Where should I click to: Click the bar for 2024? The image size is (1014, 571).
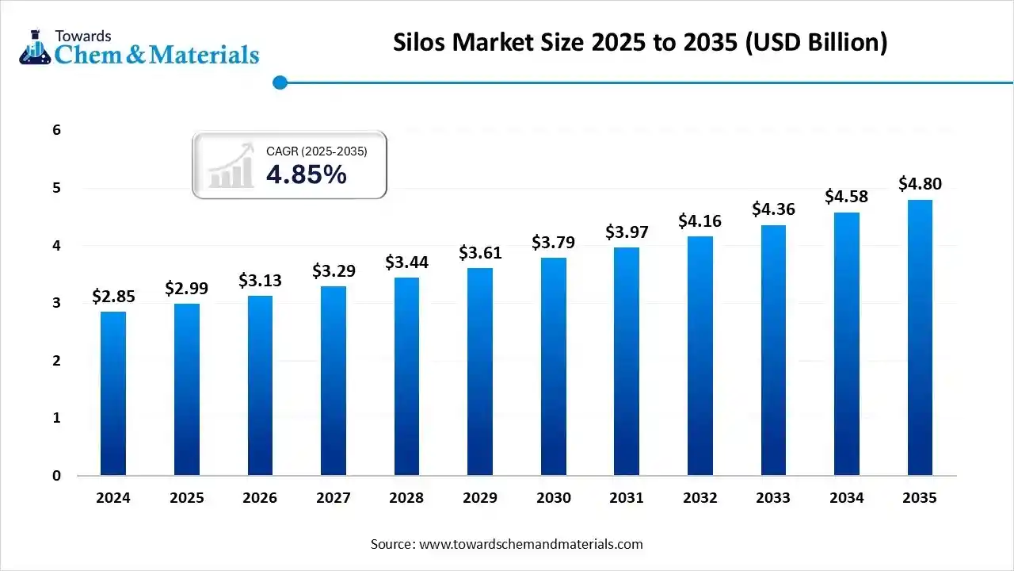[x=113, y=394]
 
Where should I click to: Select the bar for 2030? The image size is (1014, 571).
[x=554, y=367]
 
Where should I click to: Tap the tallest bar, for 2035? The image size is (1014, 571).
[x=920, y=338]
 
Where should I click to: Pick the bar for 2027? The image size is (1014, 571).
[x=334, y=381]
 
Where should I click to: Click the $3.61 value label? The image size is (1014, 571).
[x=480, y=253]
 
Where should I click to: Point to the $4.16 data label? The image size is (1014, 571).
[x=700, y=221]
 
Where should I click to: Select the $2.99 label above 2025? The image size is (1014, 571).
[x=187, y=289]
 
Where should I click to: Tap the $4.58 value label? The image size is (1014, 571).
[x=846, y=196]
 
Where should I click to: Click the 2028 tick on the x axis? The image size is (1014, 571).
[x=406, y=498]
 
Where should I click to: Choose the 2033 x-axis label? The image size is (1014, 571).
[x=773, y=498]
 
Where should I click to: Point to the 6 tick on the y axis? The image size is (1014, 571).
[x=57, y=130]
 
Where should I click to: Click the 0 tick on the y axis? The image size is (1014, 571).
[x=57, y=476]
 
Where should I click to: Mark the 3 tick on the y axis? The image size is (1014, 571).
[x=57, y=303]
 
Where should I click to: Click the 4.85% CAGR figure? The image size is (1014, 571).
[x=307, y=174]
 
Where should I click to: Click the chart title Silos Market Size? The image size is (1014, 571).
[x=640, y=43]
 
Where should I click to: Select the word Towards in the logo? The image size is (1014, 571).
[x=82, y=35]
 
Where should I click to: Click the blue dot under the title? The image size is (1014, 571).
[x=279, y=82]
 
